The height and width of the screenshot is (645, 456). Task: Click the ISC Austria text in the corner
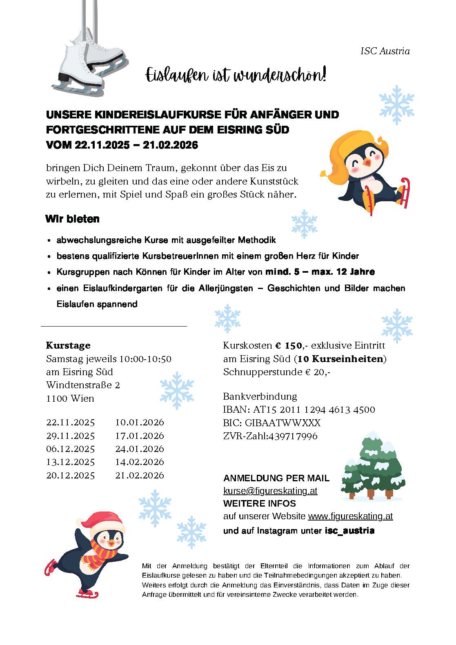click(x=385, y=51)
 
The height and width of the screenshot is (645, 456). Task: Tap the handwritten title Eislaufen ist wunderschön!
click(x=236, y=75)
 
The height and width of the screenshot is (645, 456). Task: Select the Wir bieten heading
click(x=72, y=219)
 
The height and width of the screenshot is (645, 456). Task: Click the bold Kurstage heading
click(x=68, y=345)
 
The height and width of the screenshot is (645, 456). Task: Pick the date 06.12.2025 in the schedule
click(x=70, y=449)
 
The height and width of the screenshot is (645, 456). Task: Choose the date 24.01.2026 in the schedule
click(x=139, y=449)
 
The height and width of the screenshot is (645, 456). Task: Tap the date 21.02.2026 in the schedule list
click(x=139, y=475)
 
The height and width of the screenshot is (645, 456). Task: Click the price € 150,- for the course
click(x=290, y=345)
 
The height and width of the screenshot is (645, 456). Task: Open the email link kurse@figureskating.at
click(x=270, y=491)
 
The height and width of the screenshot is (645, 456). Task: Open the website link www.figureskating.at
click(x=350, y=516)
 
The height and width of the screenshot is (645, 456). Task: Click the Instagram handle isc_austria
click(x=349, y=531)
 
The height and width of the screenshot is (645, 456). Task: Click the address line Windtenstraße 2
click(x=83, y=385)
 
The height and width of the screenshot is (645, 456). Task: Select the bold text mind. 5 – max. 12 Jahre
click(x=320, y=272)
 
